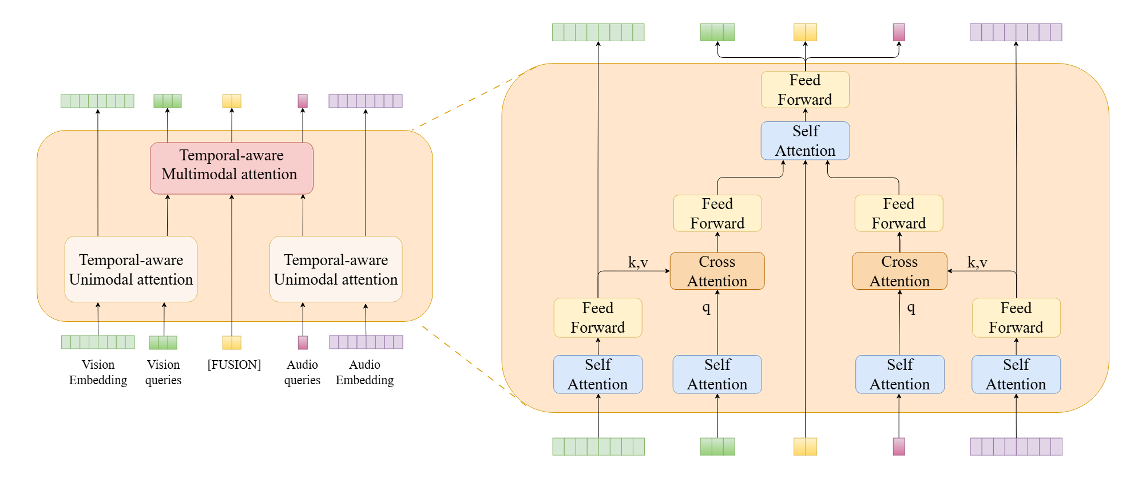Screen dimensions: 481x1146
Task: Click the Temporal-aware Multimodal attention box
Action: tap(231, 168)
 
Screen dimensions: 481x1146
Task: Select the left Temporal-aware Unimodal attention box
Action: tap(131, 269)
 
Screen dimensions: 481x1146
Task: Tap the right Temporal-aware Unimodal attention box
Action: tap(336, 269)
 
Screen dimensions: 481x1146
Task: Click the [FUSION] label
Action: tap(234, 365)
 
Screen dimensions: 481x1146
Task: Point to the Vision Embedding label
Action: tap(98, 372)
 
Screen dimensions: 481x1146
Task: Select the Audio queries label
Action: tap(302, 372)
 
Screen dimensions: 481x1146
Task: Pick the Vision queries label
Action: tap(163, 372)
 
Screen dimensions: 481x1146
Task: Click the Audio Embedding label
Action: tap(364, 372)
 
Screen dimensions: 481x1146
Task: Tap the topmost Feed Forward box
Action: tap(805, 90)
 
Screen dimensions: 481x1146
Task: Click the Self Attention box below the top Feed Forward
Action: tap(805, 141)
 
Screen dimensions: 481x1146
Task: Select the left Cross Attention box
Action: tap(717, 271)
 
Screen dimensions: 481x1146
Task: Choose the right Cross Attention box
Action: tap(899, 271)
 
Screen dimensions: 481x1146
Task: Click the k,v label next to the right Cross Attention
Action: tap(977, 262)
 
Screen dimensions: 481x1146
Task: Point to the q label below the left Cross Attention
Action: tap(707, 308)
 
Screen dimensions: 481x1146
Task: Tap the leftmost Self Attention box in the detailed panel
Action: tap(598, 374)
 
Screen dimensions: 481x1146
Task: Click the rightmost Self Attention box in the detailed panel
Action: tap(1016, 374)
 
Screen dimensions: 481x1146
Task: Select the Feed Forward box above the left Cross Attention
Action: tap(717, 213)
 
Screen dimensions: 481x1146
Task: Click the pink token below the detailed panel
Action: tap(899, 447)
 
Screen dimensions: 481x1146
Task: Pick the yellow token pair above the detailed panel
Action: tap(805, 32)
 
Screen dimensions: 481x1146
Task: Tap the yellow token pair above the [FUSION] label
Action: tap(232, 342)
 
